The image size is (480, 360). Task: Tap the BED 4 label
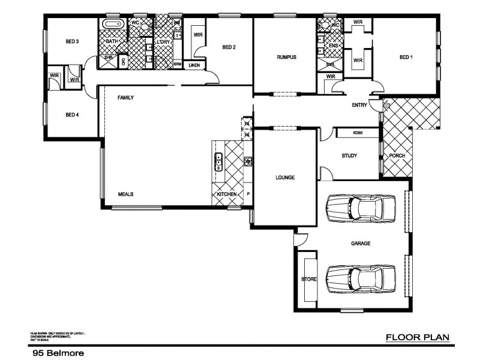(72, 115)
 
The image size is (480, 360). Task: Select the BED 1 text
(406, 58)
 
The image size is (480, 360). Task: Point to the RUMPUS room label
(287, 58)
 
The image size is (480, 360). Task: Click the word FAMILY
(125, 97)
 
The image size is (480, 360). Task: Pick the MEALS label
(125, 194)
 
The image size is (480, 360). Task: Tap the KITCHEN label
(227, 194)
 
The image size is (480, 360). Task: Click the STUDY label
(349, 156)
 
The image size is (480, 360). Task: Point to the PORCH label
(397, 156)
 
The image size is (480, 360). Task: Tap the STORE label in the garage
(308, 280)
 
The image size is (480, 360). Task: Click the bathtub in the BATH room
(112, 25)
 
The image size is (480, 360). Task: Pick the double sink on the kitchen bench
(219, 161)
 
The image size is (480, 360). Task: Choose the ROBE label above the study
(357, 133)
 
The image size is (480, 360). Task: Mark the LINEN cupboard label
(194, 64)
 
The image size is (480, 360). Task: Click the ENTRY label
(359, 106)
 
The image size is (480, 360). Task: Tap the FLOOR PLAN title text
(417, 337)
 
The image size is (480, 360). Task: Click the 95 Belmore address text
(58, 354)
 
